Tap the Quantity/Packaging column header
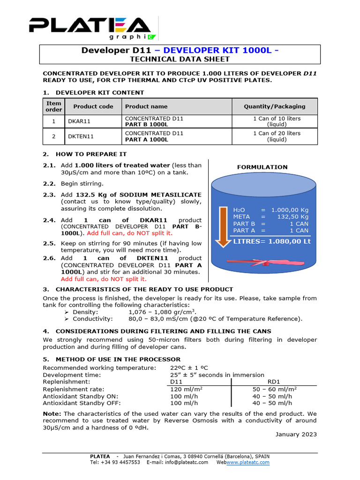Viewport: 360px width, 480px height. click(274, 106)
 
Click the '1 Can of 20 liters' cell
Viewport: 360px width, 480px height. click(274, 136)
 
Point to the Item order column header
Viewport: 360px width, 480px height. click(53, 106)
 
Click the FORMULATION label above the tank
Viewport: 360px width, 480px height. click(262, 167)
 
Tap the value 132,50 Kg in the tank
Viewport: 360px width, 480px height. click(294, 217)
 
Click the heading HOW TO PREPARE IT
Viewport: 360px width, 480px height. click(91, 154)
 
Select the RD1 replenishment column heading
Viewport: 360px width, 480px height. click(274, 382)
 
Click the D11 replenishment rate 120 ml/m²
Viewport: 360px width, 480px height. click(186, 389)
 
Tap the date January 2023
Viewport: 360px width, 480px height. click(296, 434)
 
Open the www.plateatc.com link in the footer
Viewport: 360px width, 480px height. click(248, 462)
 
